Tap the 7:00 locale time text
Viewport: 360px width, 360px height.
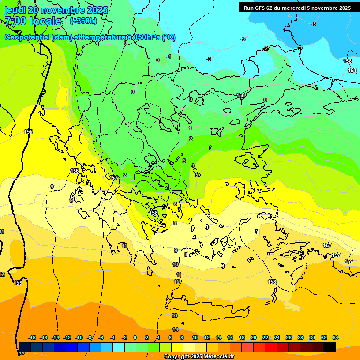click(33, 21)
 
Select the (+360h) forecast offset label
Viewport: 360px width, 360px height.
click(83, 21)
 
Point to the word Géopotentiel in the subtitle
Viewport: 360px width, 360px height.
click(27, 37)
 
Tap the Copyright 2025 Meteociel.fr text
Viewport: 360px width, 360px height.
click(199, 357)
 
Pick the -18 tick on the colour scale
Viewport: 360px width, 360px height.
click(32, 337)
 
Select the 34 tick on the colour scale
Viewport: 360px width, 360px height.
click(336, 337)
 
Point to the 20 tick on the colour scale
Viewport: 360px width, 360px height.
click(254, 337)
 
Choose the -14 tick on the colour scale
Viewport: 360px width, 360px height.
click(56, 337)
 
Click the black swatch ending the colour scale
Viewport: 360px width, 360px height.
click(330, 347)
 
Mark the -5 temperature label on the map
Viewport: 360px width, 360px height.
click(314, 24)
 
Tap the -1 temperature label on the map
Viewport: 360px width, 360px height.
click(169, 57)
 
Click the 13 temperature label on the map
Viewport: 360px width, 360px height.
click(175, 316)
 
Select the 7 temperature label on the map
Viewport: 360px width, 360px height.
click(179, 210)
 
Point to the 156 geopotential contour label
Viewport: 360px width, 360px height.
click(75, 171)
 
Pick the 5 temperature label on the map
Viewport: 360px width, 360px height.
click(197, 175)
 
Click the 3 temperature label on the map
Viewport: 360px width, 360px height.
click(184, 161)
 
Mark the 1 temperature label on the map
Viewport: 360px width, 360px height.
click(190, 128)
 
